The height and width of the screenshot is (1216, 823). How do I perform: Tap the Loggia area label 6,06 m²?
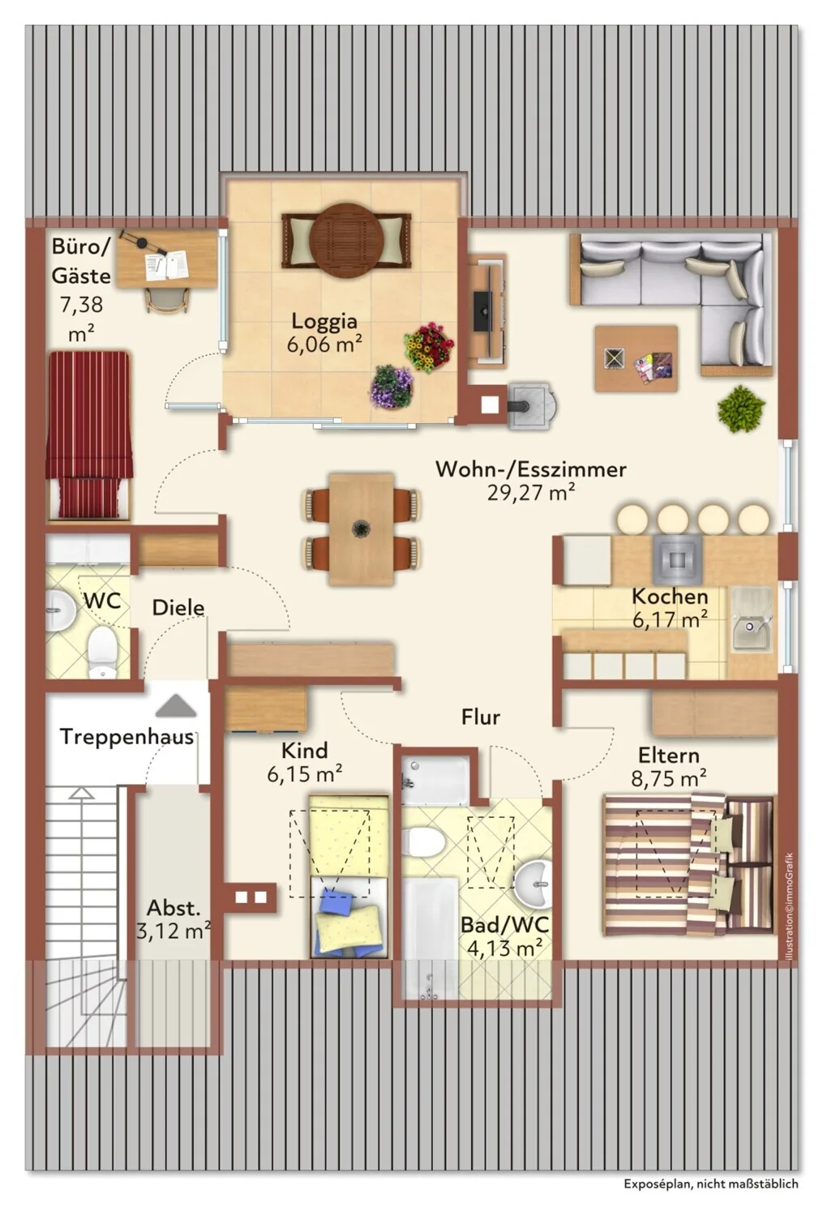click(x=324, y=344)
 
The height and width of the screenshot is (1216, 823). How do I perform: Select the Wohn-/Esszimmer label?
click(x=531, y=469)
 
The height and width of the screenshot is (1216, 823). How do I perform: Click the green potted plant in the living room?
click(x=741, y=409)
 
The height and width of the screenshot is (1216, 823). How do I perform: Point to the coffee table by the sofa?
click(x=637, y=359)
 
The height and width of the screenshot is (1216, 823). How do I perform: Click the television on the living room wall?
click(x=482, y=310)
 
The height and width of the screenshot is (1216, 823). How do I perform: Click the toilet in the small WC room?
click(x=102, y=652)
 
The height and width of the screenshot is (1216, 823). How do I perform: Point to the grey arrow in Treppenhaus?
click(x=177, y=706)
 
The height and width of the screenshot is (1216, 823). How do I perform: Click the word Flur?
click(x=481, y=717)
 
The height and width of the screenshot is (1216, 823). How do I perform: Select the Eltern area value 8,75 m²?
click(x=668, y=779)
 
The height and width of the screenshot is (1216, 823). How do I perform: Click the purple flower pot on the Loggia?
click(x=392, y=386)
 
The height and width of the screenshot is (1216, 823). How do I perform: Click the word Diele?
click(x=178, y=607)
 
